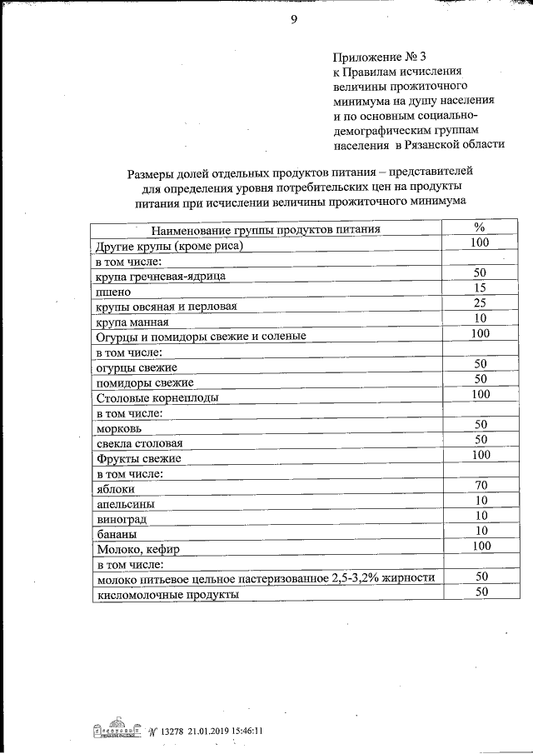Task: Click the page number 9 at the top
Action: click(293, 20)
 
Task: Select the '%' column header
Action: click(479, 228)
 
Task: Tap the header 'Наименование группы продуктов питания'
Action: click(266, 231)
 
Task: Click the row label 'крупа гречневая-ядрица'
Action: click(160, 276)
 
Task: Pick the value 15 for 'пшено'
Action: click(479, 288)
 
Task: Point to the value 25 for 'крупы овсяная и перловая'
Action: click(479, 303)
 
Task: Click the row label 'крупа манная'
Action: click(132, 322)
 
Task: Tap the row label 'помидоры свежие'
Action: click(145, 382)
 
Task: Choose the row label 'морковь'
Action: click(120, 427)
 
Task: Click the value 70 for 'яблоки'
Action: click(481, 485)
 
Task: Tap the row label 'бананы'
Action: click(117, 534)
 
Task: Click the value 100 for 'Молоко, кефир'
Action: click(481, 546)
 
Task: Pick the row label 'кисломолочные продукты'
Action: click(167, 595)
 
